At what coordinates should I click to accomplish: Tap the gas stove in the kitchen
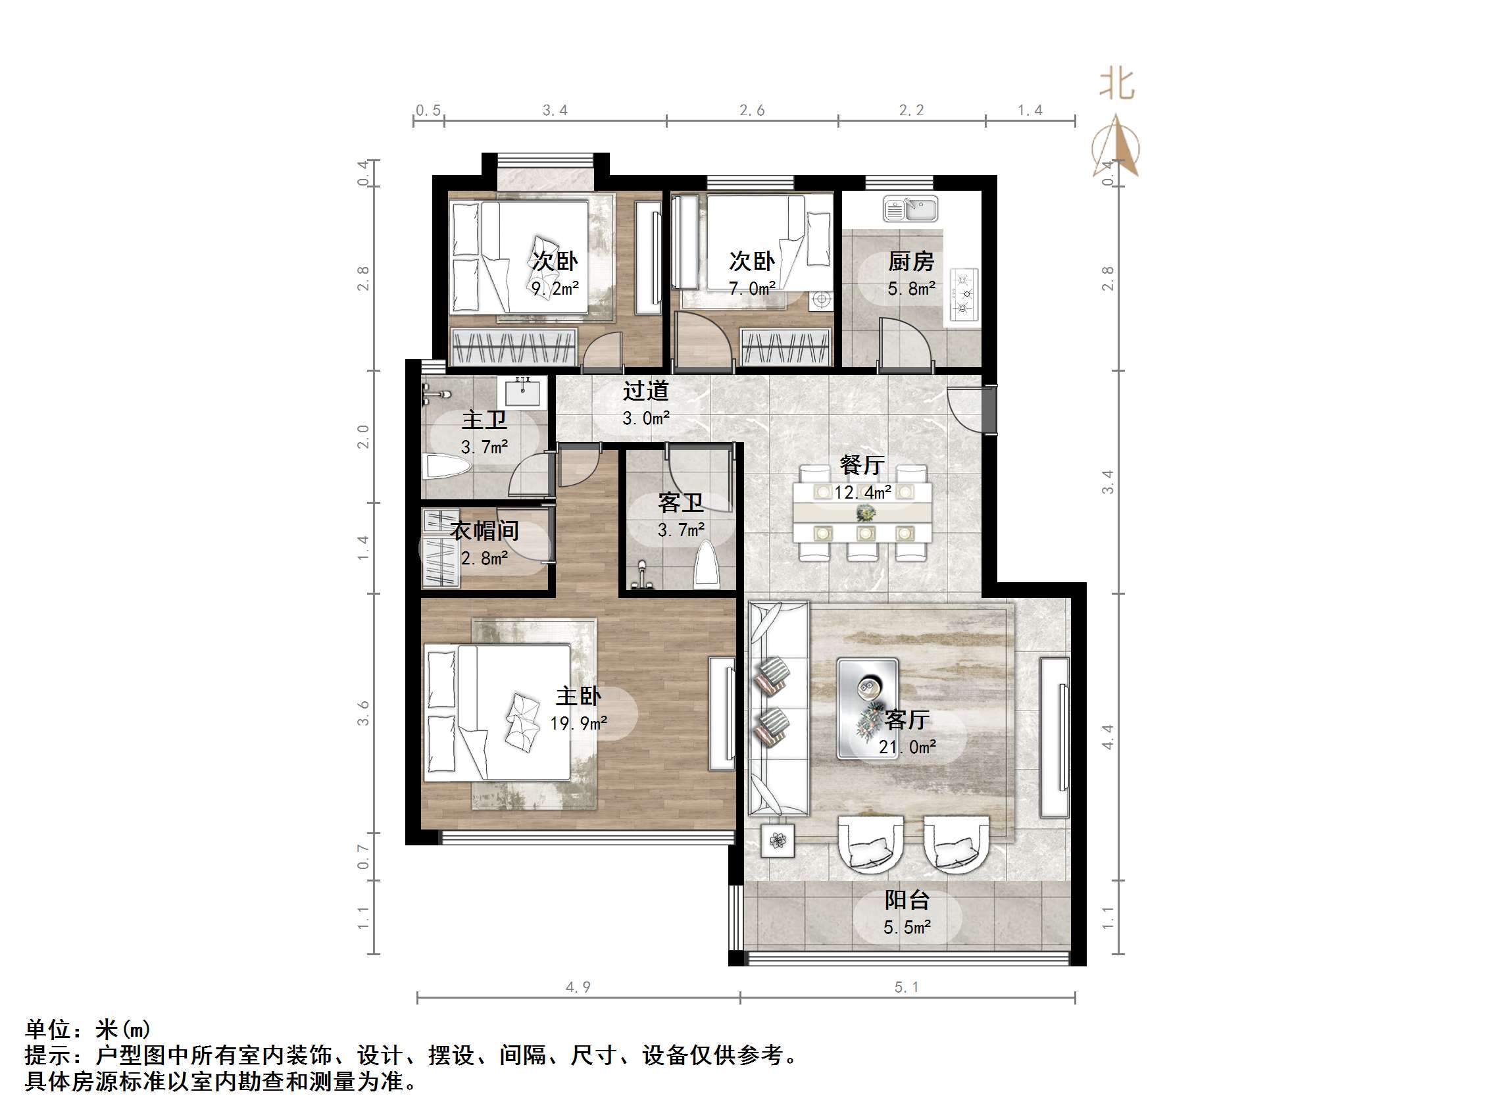click(x=964, y=294)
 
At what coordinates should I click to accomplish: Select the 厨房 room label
click(x=910, y=261)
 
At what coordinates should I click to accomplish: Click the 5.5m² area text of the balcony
click(x=907, y=928)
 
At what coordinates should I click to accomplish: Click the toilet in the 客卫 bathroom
click(x=707, y=563)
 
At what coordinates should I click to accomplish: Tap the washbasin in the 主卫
click(x=522, y=392)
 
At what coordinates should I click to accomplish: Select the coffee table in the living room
click(x=868, y=709)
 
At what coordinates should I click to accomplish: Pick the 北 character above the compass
click(x=1117, y=84)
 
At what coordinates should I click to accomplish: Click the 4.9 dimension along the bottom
click(x=578, y=987)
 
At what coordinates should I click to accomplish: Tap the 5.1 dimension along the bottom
click(x=907, y=987)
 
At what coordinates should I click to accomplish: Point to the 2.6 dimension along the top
click(x=752, y=111)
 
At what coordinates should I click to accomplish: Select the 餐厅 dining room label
click(x=862, y=464)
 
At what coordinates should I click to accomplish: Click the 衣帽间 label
click(x=484, y=531)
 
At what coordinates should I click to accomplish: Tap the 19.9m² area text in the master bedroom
click(x=579, y=724)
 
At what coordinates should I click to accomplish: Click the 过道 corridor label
click(x=645, y=391)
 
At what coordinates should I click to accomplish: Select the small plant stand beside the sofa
click(x=778, y=841)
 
